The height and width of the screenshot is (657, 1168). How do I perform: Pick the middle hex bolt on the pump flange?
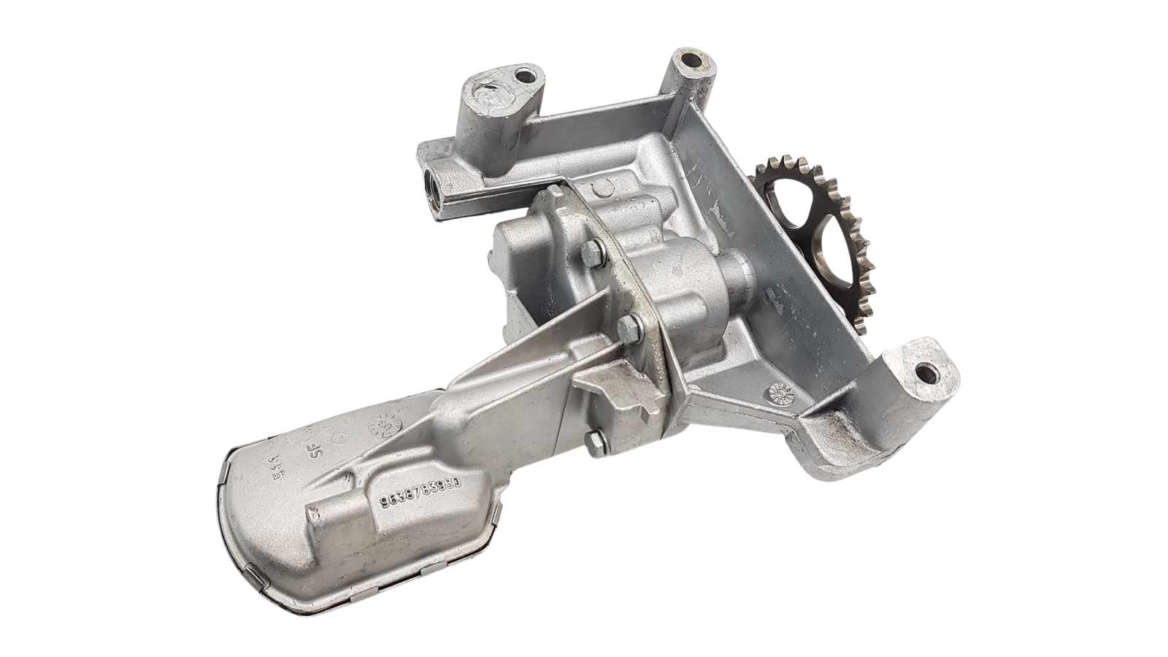(626, 326)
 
